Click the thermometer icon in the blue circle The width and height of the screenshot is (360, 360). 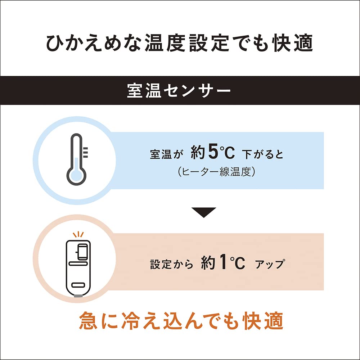77,159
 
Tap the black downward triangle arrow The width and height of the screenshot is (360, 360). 204,212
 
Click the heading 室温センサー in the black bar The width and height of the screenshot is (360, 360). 179,90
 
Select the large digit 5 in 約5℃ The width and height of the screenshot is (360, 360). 213,151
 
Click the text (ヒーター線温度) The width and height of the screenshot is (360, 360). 216,171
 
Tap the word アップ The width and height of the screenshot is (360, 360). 270,264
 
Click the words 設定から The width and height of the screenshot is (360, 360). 172,264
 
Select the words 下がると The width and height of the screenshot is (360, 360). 263,154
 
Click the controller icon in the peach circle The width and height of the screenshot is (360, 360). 78,268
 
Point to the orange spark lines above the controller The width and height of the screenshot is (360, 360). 78,235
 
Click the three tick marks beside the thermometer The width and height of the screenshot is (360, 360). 85,152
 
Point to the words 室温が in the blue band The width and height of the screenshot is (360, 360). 166,154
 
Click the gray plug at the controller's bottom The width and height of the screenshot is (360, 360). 78,296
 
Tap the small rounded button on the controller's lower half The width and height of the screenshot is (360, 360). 78,285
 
